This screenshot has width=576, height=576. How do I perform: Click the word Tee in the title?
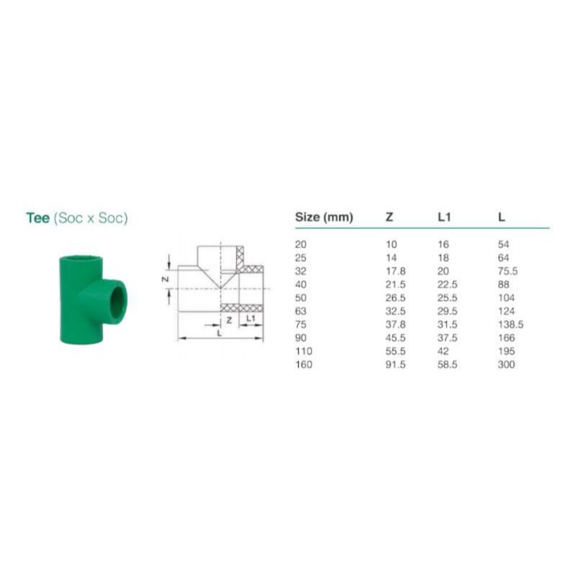[x=37, y=217]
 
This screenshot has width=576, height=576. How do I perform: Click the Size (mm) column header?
[x=324, y=217]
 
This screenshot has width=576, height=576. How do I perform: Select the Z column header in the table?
[x=390, y=217]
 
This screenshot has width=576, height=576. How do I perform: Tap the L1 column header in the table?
[x=444, y=217]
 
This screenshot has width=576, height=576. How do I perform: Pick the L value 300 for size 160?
[x=506, y=364]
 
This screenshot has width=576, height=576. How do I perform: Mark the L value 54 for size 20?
[x=504, y=245]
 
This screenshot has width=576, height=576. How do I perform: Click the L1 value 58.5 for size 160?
[x=447, y=364]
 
